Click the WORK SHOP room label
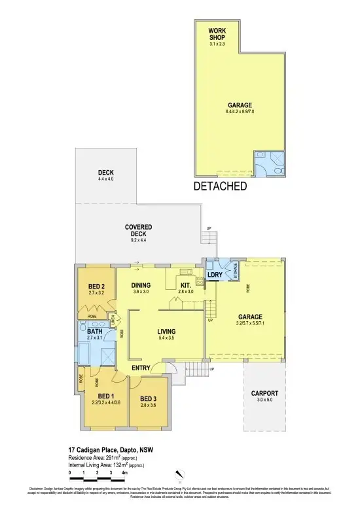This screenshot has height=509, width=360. (x=217, y=35)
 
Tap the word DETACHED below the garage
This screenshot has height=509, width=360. (x=220, y=186)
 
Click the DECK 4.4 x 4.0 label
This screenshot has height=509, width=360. (x=106, y=175)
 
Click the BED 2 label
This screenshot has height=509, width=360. (x=97, y=287)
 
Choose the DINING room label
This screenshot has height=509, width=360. (x=141, y=285)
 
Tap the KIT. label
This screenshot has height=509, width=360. (x=186, y=285)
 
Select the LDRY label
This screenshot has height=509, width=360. (x=215, y=275)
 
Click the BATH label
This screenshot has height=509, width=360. (x=96, y=331)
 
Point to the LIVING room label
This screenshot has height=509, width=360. (x=167, y=332)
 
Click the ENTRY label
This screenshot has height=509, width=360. (x=141, y=369)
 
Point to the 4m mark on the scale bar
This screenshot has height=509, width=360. (x=124, y=472)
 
